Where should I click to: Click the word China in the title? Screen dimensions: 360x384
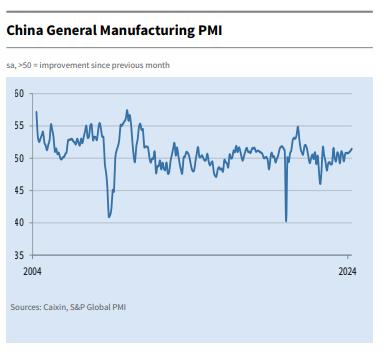[x=27, y=31]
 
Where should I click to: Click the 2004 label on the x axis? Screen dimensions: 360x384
[x=32, y=271]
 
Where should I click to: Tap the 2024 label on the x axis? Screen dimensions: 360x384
[x=347, y=271]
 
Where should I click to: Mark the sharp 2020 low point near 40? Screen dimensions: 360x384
[x=286, y=221]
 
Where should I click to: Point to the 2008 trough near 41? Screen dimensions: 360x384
[x=108, y=216]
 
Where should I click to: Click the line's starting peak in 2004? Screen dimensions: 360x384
[x=36, y=112]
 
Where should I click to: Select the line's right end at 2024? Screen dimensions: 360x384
[x=352, y=149]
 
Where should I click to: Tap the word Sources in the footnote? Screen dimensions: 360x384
[x=24, y=307]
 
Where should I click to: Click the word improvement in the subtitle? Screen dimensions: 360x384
[x=65, y=65]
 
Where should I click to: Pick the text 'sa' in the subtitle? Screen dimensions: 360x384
[x=10, y=65]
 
